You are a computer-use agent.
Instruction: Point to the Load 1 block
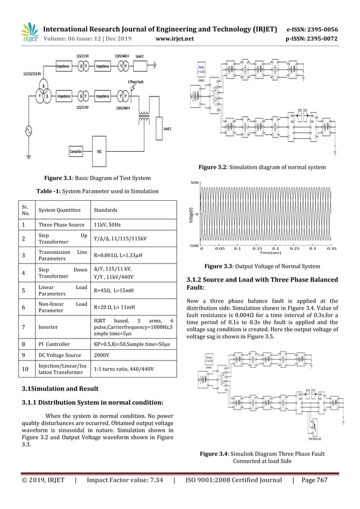167,129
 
